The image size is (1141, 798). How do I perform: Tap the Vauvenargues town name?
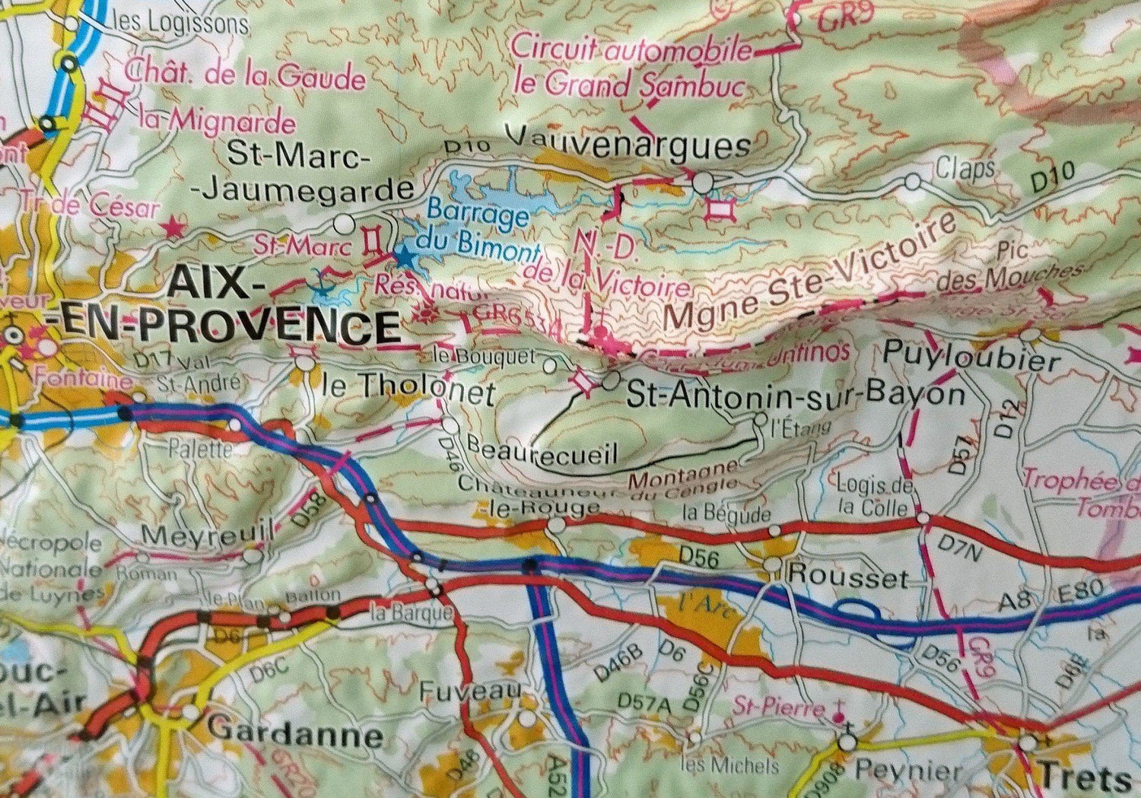[628, 142]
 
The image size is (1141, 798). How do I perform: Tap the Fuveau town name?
[470, 692]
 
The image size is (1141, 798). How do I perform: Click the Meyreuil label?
[207, 535]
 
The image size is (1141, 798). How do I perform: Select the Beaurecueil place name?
[542, 450]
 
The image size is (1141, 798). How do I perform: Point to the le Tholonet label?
[409, 390]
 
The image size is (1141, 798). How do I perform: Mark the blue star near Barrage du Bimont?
[404, 258]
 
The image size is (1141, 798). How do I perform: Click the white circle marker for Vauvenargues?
[702, 182]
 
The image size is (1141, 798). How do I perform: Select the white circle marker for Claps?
[913, 182]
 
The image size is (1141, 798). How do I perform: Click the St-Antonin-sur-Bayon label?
[795, 394]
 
